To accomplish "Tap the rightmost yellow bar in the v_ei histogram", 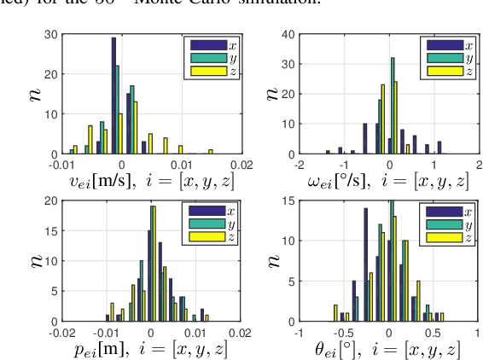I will tap(210, 151).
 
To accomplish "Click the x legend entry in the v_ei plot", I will tap(204, 44).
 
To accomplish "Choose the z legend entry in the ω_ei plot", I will tap(448, 71).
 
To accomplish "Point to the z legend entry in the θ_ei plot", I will tap(448, 237).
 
